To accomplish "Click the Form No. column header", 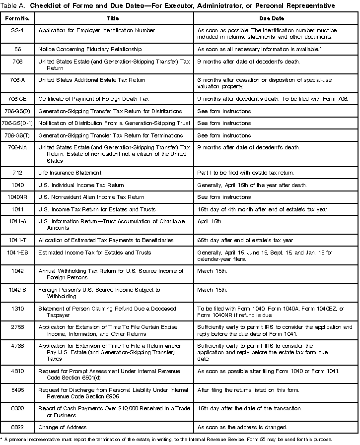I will point(19,17).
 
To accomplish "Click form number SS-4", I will point(19,30).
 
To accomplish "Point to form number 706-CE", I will point(19,99).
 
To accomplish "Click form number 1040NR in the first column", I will point(19,197).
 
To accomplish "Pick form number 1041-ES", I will point(19,253).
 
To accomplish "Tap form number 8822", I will point(19,427).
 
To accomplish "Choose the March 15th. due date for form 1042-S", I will point(212,290).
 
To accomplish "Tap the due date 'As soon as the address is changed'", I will point(242,427).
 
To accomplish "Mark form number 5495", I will point(19,390).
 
